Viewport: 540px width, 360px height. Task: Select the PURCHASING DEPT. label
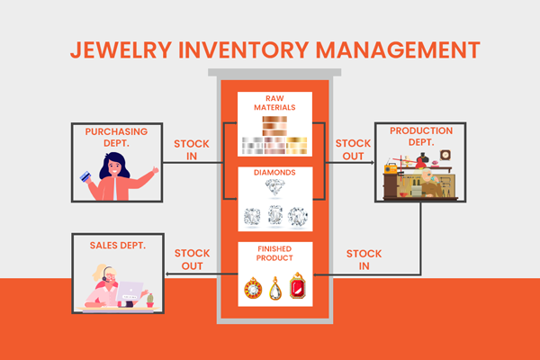coord(117,138)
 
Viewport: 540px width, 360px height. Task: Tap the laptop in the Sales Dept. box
coord(130,292)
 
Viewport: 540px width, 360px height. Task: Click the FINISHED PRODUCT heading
coord(274,254)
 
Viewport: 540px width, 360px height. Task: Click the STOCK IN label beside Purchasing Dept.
coord(193,148)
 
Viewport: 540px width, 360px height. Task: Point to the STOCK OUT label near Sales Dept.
coord(193,259)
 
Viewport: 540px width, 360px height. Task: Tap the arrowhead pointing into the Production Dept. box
coord(371,163)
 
